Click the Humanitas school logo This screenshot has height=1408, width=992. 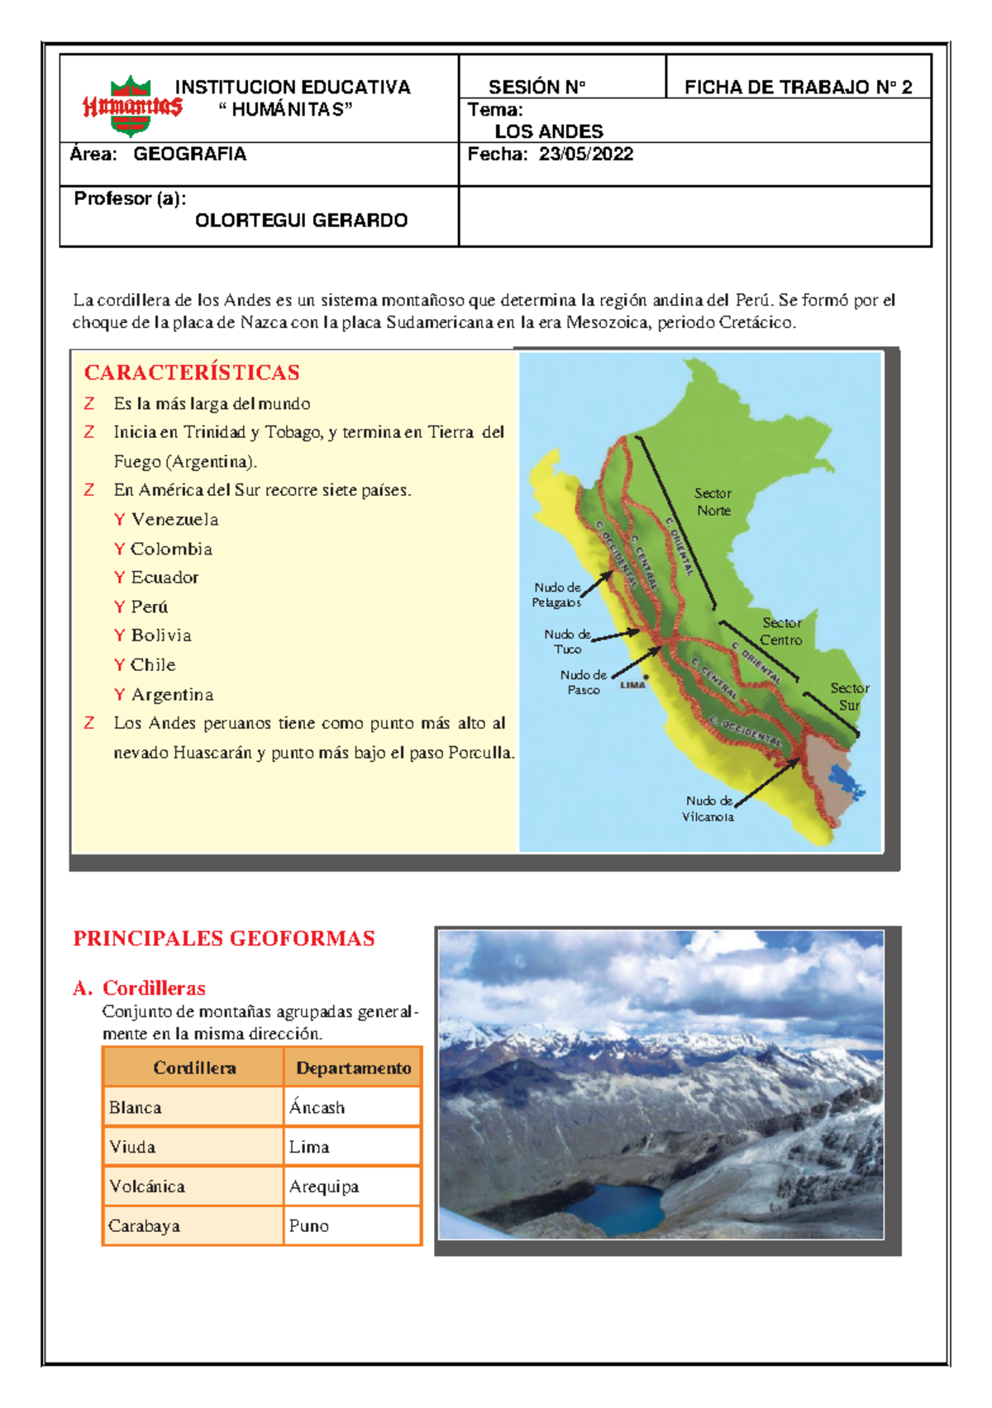(x=131, y=106)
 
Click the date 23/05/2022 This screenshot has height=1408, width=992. (x=585, y=155)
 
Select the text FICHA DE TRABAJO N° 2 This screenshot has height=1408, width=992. (x=798, y=88)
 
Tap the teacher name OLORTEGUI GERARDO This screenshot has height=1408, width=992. (x=301, y=221)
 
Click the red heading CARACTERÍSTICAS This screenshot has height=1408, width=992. (x=192, y=373)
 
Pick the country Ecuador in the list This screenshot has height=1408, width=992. (x=165, y=578)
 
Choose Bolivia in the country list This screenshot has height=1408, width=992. (x=161, y=635)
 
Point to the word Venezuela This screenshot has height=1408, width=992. (x=174, y=520)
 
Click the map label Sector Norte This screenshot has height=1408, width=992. (x=713, y=502)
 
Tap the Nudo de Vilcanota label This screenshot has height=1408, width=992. (x=708, y=809)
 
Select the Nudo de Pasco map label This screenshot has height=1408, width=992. (x=584, y=683)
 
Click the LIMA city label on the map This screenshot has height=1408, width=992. (x=632, y=685)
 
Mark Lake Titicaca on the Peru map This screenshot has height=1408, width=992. (x=844, y=779)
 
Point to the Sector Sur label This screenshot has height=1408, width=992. (x=849, y=697)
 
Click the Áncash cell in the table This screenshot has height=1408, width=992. (x=317, y=1108)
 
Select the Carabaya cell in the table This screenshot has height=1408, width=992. (x=144, y=1226)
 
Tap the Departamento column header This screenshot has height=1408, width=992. (x=353, y=1068)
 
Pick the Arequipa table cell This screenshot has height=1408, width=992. (x=324, y=1187)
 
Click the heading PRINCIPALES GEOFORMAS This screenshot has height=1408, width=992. (x=224, y=939)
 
